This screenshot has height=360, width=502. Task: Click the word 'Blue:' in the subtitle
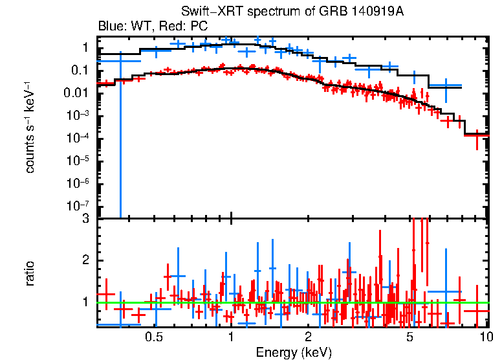(111, 27)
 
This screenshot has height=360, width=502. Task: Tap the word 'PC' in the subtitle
(199, 27)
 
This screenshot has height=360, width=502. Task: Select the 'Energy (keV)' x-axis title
(294, 353)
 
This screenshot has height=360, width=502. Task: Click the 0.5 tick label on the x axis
(153, 337)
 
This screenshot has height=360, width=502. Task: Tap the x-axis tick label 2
(308, 337)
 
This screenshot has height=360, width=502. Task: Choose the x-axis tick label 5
(409, 337)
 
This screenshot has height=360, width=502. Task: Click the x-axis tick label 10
(486, 337)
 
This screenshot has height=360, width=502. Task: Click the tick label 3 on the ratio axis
(85, 219)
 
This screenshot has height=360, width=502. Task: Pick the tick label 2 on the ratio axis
(85, 260)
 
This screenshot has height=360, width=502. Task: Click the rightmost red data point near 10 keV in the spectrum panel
(477, 134)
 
